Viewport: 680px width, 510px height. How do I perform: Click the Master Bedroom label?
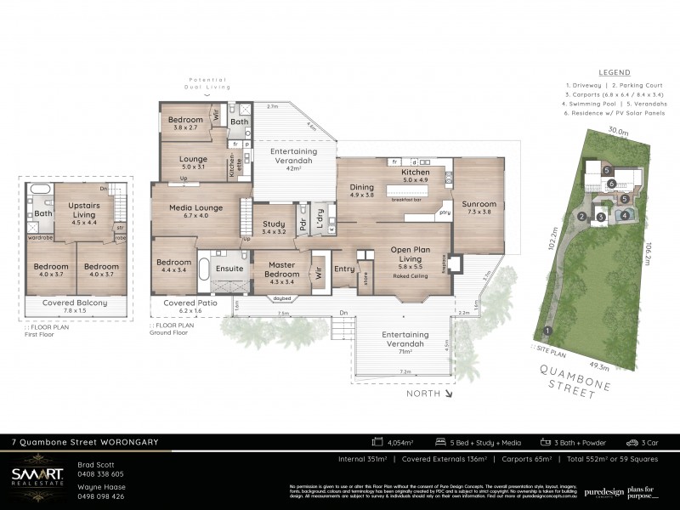pyautogui.click(x=281, y=269)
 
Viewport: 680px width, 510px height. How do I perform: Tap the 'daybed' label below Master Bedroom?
pyautogui.click(x=280, y=297)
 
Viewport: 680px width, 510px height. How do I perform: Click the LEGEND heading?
pyautogui.click(x=615, y=73)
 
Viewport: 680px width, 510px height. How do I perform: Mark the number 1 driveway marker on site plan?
pyautogui.click(x=547, y=331)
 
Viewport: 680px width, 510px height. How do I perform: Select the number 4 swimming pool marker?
pyautogui.click(x=624, y=215)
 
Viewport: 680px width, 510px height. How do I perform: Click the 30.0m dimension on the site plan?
pyautogui.click(x=617, y=132)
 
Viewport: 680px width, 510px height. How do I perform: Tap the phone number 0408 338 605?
pyautogui.click(x=100, y=473)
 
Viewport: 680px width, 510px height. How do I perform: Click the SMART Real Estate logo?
pyautogui.click(x=37, y=479)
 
